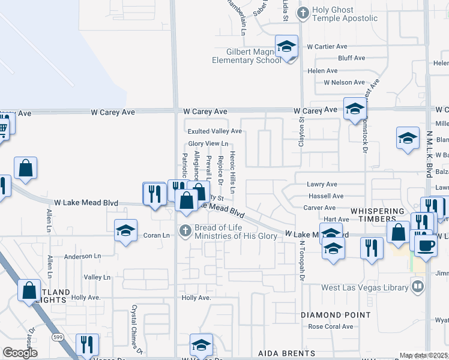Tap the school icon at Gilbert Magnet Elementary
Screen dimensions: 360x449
click(287, 46)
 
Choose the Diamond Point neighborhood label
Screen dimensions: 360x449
click(336, 315)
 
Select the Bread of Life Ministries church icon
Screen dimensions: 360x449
click(186, 230)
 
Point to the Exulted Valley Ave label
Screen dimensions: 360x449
click(214, 131)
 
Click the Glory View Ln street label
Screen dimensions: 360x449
click(208, 143)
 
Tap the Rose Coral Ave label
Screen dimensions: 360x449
click(331, 326)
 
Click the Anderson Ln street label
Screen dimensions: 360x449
click(82, 256)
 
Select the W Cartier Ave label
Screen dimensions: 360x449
click(327, 46)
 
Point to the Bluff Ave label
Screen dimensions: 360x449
click(352, 58)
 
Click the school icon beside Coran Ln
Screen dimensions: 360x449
click(125, 230)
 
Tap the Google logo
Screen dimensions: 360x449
click(20, 353)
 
